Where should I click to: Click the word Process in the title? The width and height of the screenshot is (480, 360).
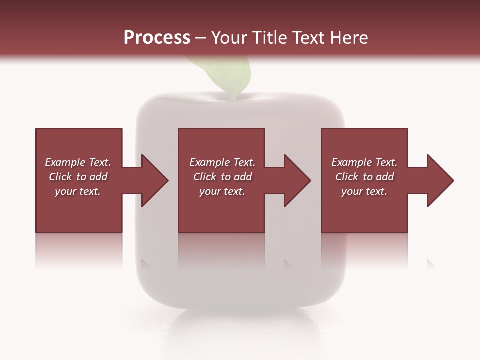click(x=157, y=38)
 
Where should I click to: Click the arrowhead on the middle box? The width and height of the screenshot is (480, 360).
click(x=297, y=180)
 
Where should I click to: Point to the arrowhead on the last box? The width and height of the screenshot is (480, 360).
click(x=440, y=180)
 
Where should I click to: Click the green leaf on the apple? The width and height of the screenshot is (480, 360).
click(x=225, y=75)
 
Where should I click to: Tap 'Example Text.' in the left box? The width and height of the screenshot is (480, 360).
click(x=78, y=162)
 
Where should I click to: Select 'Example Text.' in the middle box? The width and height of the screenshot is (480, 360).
click(x=222, y=162)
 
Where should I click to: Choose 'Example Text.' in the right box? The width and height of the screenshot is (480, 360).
click(x=364, y=162)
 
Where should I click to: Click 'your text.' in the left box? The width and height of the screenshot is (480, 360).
click(x=78, y=191)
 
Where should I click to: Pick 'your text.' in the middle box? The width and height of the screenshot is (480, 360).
click(x=222, y=191)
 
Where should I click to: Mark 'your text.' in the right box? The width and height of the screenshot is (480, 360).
click(x=364, y=191)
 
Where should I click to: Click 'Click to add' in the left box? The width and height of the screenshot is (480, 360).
click(x=78, y=177)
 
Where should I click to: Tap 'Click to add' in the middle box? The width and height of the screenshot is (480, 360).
click(x=222, y=177)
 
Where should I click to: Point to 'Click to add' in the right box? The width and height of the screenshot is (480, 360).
click(x=364, y=177)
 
